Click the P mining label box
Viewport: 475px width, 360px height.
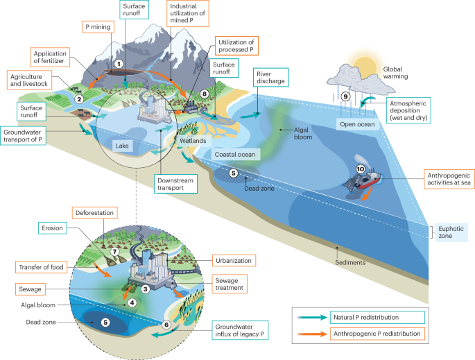[98, 27]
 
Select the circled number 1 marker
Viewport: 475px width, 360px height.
[119, 64]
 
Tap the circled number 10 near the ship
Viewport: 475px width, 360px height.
[360, 169]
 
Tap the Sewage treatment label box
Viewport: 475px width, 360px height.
[230, 283]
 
